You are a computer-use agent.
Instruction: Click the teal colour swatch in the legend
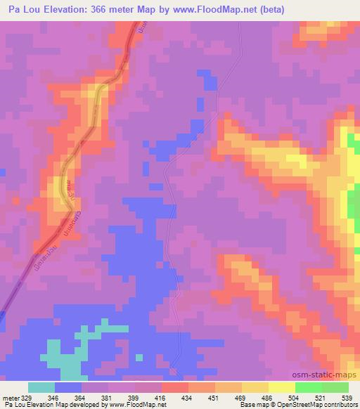pos(41,387)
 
